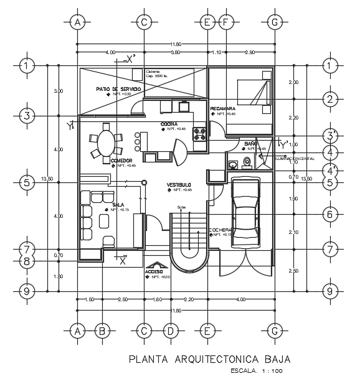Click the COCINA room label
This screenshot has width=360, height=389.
[169, 124]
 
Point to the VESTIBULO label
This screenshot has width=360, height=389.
[179, 185]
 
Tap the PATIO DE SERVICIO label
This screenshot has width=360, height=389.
[118, 90]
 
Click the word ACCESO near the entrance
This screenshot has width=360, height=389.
[154, 272]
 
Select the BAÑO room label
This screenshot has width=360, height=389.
[251, 144]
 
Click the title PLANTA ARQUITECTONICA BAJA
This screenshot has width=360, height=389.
[209, 359]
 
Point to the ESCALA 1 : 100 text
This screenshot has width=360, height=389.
[256, 372]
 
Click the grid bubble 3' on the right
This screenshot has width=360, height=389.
[330, 136]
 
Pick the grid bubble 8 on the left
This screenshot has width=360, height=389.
[26, 262]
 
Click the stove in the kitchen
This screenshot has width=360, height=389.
[201, 131]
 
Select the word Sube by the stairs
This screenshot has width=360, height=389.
[181, 207]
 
